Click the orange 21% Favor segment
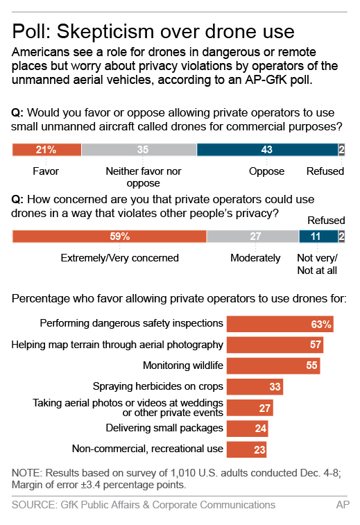[46, 149]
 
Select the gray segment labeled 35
[139, 149]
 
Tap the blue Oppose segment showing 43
[267, 149]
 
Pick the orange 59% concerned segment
[110, 236]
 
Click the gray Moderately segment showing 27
[252, 236]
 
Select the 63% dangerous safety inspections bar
[282, 324]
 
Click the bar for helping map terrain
[275, 345]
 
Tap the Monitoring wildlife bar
[273, 365]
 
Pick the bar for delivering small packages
[248, 429]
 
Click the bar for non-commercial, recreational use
[246, 449]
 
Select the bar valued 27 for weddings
[249, 408]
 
